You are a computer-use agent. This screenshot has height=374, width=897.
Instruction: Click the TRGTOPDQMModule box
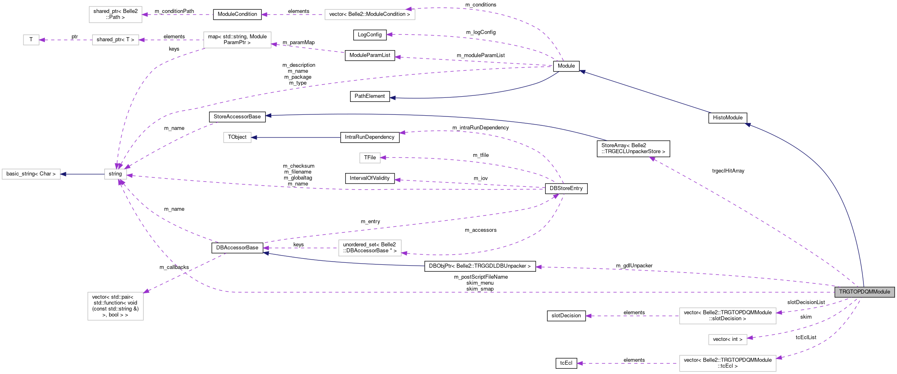pyautogui.click(x=864, y=292)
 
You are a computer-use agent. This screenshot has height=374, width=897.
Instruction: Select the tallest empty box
pyautogui.click(x=116, y=306)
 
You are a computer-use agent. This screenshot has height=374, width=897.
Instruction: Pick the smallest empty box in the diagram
pyautogui.click(x=31, y=40)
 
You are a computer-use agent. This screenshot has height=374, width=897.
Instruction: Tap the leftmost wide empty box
pyautogui.click(x=31, y=174)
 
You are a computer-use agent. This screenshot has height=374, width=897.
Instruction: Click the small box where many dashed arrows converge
pyautogui.click(x=116, y=174)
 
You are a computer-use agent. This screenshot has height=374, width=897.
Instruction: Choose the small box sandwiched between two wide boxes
pyautogui.click(x=728, y=340)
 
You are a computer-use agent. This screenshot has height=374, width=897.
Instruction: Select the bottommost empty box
pyautogui.click(x=728, y=363)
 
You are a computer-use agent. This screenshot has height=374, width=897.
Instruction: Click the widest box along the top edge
pyautogui.click(x=370, y=15)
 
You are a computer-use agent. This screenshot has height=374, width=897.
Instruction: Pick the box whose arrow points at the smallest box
pyautogui.click(x=116, y=40)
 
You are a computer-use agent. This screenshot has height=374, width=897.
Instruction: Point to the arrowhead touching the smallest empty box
pyautogui.click(x=42, y=40)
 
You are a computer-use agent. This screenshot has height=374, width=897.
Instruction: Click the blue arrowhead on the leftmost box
pyautogui.click(x=63, y=174)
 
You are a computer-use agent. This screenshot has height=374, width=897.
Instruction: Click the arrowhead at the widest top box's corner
pyautogui.click(x=409, y=9)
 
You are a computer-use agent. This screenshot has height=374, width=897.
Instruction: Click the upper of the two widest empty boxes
pyautogui.click(x=728, y=316)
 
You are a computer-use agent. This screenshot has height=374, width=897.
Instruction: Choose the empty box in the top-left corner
pyautogui.click(x=116, y=15)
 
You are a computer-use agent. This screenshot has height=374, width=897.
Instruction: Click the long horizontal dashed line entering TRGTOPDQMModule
pyautogui.click(x=526, y=292)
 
